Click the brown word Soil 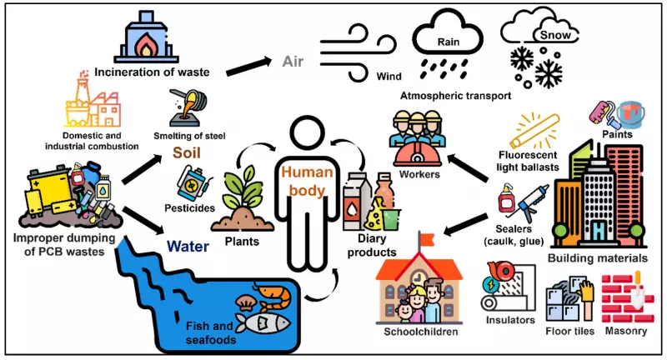[189, 152]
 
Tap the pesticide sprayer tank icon [193, 184]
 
